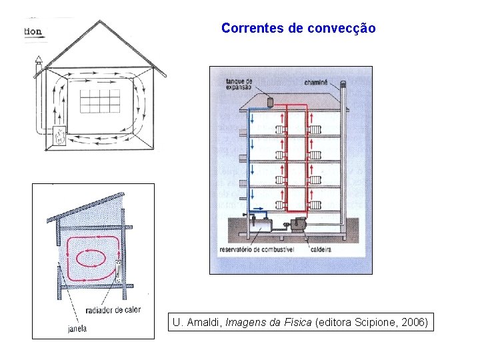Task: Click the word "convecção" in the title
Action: pos(342,28)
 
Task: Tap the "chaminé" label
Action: pos(315,83)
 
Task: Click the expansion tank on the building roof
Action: pos(271,101)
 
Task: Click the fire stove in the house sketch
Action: pos(60,135)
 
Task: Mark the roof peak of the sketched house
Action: pos(101,21)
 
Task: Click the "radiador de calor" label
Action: pos(114,310)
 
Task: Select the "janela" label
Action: pos(77,328)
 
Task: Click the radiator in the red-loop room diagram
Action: pos(118,271)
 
